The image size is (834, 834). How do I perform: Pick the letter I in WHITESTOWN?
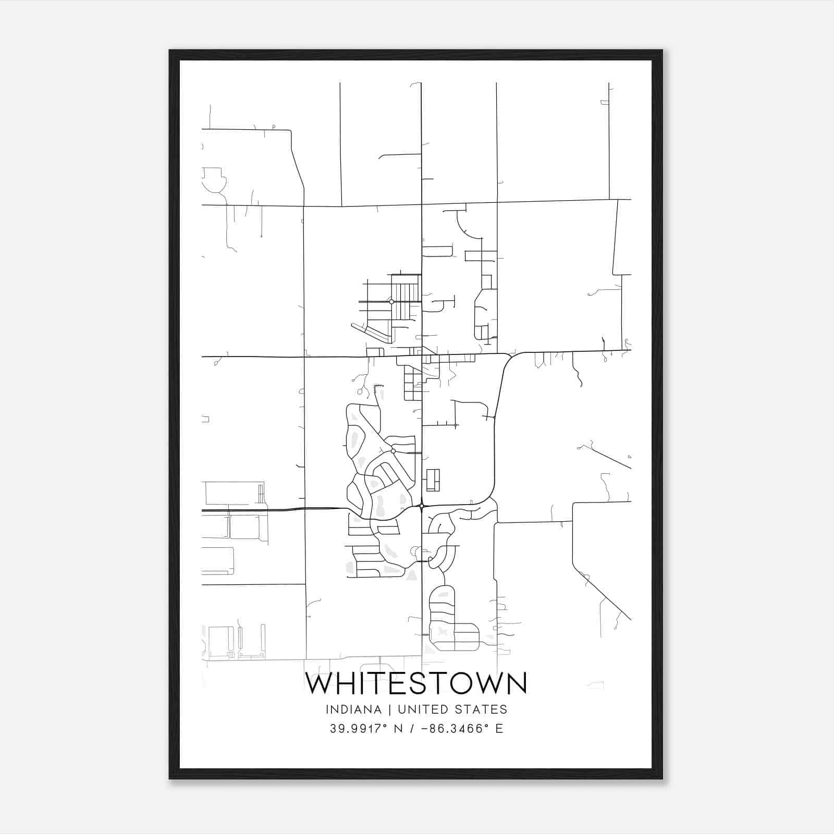tap(364, 683)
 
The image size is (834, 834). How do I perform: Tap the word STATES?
tap(480, 709)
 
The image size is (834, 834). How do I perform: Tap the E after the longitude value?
tap(499, 729)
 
